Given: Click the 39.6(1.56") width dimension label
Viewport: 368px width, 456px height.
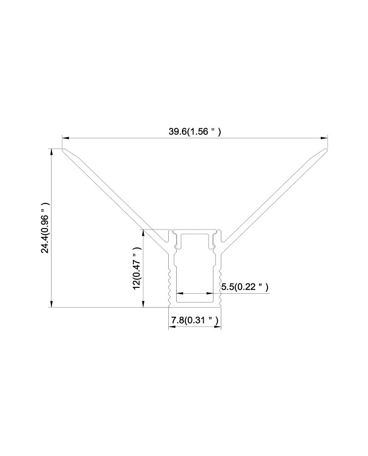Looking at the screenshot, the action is pyautogui.click(x=195, y=132).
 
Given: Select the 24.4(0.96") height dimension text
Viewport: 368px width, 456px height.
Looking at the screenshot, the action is pyautogui.click(x=46, y=228).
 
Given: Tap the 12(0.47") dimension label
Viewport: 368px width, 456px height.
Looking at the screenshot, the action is pyautogui.click(x=137, y=268).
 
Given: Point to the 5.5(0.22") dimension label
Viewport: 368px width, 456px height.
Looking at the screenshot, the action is pyautogui.click(x=245, y=287).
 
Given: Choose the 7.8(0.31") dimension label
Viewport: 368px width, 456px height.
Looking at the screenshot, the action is pyautogui.click(x=195, y=321).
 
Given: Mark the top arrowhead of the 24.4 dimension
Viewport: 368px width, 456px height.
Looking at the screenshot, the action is pyautogui.click(x=52, y=152).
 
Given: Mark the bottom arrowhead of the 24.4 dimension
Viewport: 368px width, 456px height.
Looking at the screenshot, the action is pyautogui.click(x=52, y=304).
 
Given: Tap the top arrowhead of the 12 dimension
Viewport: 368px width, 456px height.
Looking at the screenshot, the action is pyautogui.click(x=143, y=233).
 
